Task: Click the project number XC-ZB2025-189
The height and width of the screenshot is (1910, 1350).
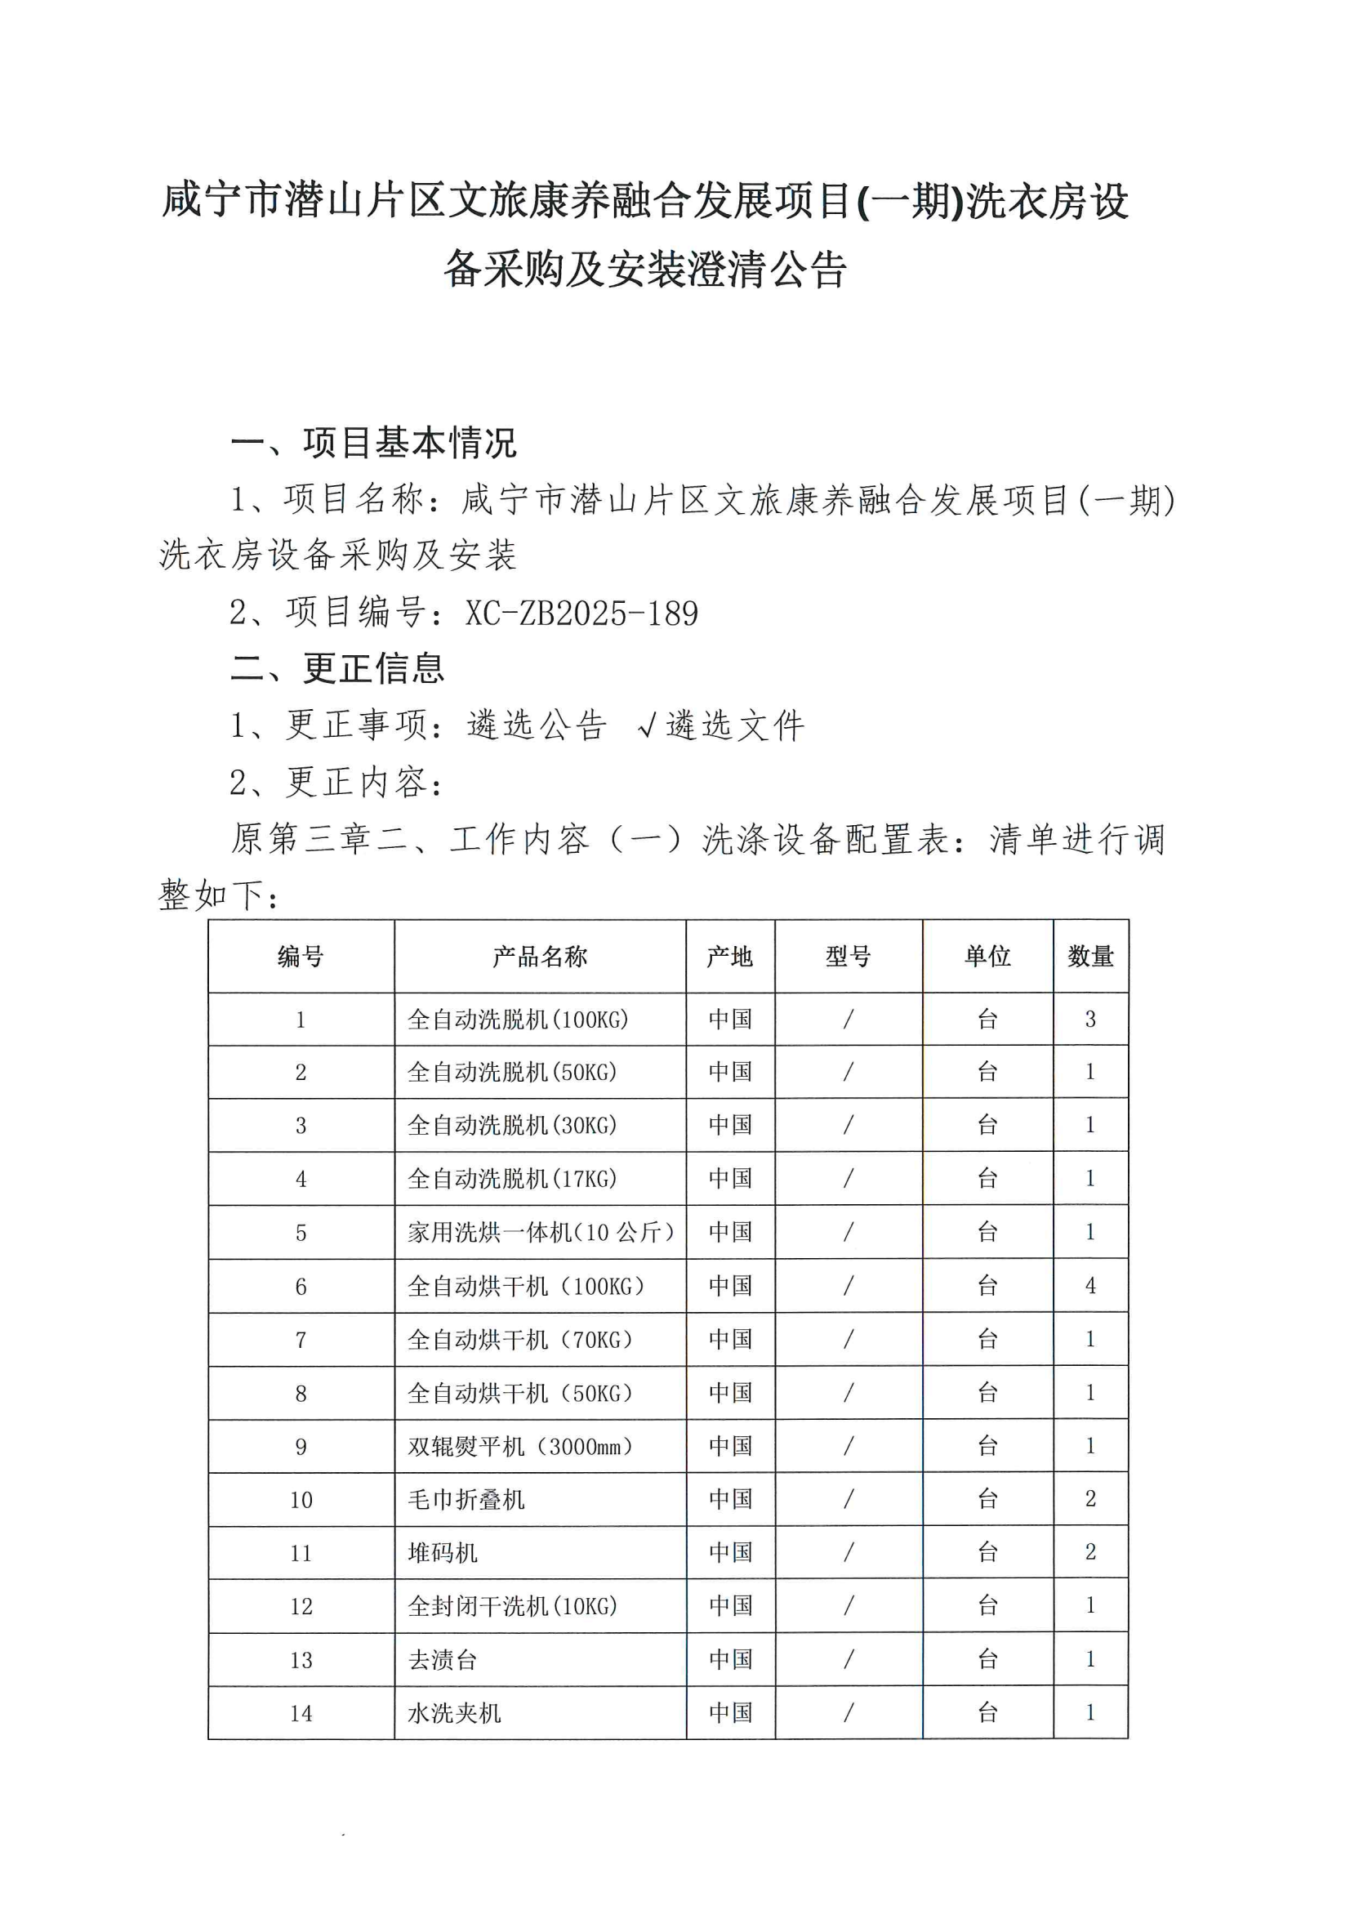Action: pos(581,613)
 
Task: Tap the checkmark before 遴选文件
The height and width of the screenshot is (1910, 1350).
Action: pos(647,725)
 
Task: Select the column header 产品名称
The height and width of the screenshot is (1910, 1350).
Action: pos(539,957)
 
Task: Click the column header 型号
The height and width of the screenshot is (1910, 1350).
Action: pos(848,957)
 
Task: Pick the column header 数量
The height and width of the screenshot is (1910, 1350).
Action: pos(1089,957)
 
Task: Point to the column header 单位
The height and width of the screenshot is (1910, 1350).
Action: pos(987,957)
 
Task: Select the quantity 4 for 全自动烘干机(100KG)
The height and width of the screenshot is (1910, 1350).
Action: pos(1089,1286)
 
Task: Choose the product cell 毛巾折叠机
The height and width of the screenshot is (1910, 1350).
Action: pos(466,1500)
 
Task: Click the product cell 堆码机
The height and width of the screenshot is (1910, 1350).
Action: pos(443,1553)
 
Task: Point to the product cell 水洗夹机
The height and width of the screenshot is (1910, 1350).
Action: pos(454,1713)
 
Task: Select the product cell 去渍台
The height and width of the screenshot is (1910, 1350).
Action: pos(443,1659)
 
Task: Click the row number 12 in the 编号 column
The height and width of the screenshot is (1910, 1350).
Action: pos(301,1606)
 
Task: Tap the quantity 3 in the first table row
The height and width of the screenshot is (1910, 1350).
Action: pos(1089,1019)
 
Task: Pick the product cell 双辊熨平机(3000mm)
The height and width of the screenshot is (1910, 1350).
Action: pos(520,1447)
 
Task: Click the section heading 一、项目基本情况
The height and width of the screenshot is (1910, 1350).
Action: pos(373,443)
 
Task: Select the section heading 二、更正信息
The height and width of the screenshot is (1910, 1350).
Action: pos(338,669)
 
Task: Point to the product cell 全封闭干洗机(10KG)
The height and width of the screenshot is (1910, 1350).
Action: pos(512,1606)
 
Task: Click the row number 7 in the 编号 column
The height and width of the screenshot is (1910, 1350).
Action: pos(301,1340)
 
